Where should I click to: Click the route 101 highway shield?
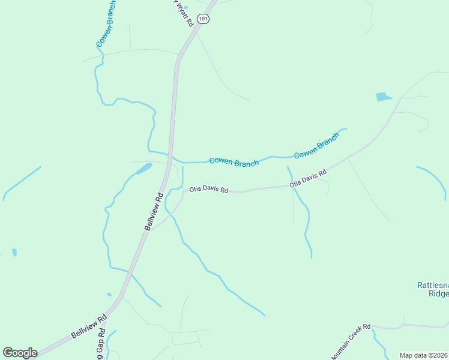205,19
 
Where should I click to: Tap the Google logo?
20,353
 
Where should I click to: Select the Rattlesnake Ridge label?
433,289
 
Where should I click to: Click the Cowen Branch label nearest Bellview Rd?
234,162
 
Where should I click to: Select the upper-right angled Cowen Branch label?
316,145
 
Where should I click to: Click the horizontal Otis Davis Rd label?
209,190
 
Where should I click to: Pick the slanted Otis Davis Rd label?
308,178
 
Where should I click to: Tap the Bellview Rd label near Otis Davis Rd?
154,212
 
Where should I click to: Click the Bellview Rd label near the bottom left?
89,325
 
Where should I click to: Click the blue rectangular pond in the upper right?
383,97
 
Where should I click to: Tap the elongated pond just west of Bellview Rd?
143,169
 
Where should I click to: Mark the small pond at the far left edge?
14,253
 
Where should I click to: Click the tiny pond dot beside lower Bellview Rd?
109,295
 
